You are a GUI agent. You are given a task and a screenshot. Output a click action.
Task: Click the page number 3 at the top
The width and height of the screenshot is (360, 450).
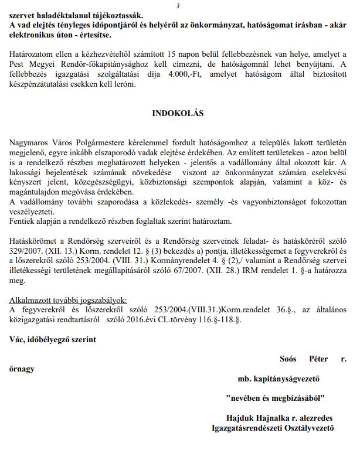click(x=178, y=5)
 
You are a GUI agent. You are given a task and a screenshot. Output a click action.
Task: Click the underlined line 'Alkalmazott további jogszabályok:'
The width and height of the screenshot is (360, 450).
click(x=72, y=299)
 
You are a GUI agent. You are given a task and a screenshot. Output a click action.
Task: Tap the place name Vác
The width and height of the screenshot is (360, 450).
click(x=19, y=339)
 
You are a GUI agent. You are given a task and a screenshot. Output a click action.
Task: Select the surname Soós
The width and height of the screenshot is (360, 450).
click(x=288, y=358)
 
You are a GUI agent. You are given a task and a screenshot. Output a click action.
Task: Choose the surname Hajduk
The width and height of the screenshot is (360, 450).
click(x=240, y=418)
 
